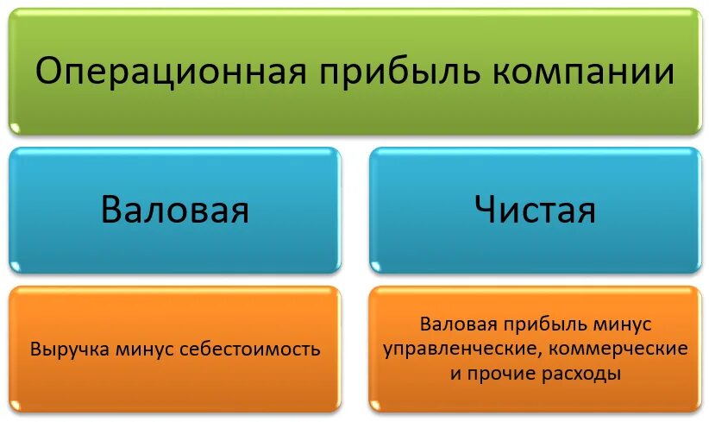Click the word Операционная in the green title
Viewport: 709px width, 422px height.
[x=169, y=72]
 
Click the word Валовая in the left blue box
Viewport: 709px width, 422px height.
[x=175, y=210]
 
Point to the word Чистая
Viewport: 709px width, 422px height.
[x=535, y=210]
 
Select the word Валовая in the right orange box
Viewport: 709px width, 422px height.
[x=460, y=325]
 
